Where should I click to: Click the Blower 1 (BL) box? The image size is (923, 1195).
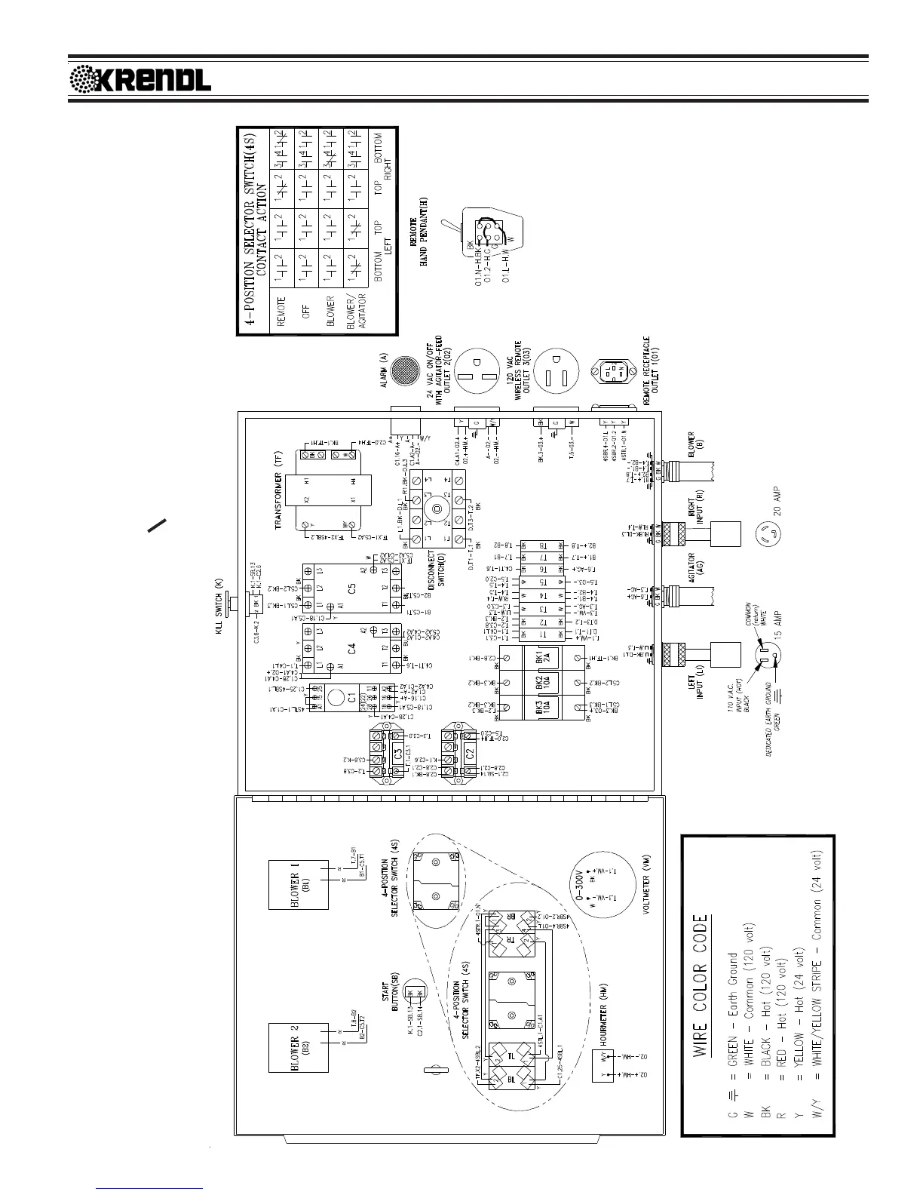(x=299, y=875)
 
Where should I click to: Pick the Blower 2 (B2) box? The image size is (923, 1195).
(x=299, y=1048)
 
